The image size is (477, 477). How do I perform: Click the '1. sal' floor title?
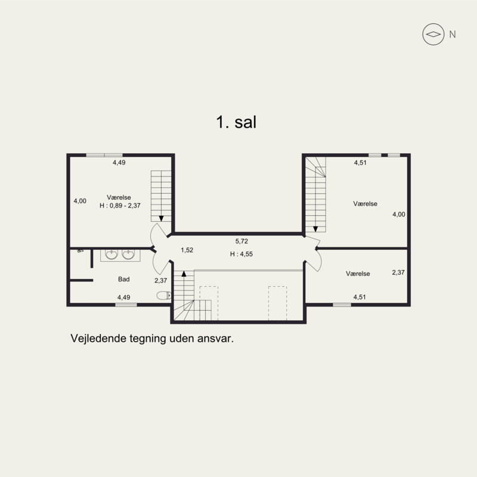tap(236, 122)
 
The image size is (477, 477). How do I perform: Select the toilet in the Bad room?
tap(164, 295)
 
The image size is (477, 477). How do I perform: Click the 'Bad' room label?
tap(124, 279)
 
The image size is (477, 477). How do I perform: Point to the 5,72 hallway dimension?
tap(241, 241)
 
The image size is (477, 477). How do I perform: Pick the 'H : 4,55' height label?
tap(241, 254)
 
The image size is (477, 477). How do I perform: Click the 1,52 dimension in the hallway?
tap(187, 250)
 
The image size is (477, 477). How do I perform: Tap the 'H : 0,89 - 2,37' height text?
tap(120, 206)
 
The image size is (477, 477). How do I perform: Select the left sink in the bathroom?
tap(111, 255)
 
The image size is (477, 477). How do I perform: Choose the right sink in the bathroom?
tap(128, 255)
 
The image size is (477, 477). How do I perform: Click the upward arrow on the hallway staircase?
tap(184, 274)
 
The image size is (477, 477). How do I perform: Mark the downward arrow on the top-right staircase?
tap(315, 229)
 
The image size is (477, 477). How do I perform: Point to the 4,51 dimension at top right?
tap(360, 163)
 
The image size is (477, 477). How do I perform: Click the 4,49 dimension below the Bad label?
tap(124, 297)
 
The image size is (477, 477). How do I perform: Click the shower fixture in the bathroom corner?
tap(80, 251)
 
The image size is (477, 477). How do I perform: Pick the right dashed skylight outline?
tap(277, 303)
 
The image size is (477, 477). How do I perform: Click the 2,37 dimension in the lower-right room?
tap(398, 272)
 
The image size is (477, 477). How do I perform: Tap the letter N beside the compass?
tap(453, 35)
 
